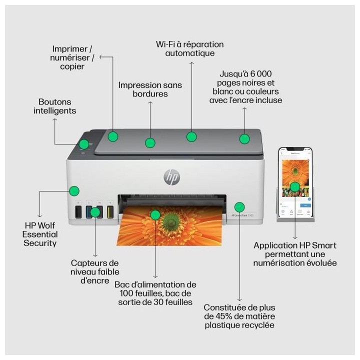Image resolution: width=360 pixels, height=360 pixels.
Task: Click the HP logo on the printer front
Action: point(171,176)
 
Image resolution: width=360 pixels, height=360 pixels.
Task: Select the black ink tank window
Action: point(78,212)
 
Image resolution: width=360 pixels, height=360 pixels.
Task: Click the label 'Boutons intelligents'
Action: point(55,106)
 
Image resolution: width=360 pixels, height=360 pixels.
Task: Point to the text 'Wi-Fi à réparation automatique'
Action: point(189,48)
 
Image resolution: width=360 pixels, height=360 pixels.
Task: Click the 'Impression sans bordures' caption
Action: point(150,89)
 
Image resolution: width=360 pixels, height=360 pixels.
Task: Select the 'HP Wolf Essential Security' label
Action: point(40,234)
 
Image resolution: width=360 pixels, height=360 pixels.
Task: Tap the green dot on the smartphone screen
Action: point(295,187)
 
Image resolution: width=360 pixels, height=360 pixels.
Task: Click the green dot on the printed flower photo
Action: point(155,215)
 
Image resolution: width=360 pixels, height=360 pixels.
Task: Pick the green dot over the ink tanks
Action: point(95,212)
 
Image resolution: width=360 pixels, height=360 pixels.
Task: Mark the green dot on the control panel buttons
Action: point(84,144)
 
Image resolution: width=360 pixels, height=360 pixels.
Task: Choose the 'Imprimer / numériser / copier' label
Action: point(72,57)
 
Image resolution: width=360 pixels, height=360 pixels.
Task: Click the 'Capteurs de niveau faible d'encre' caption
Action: point(94,271)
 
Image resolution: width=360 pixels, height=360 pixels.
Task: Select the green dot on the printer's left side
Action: point(74,190)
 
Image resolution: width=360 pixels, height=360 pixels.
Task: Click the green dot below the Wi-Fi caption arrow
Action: point(191,136)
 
